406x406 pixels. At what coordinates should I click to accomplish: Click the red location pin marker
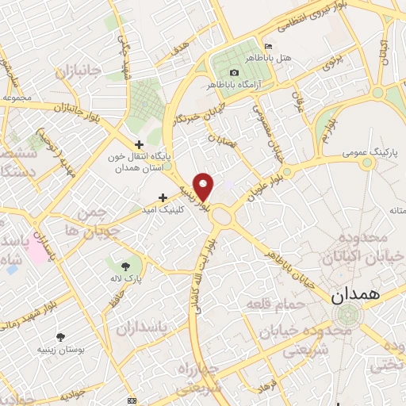(205, 186)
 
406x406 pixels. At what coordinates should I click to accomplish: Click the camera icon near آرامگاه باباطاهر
(234, 72)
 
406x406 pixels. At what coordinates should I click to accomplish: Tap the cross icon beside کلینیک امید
(163, 197)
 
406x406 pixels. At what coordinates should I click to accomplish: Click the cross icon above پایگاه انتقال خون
(140, 144)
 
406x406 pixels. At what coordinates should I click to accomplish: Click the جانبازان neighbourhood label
(79, 71)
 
